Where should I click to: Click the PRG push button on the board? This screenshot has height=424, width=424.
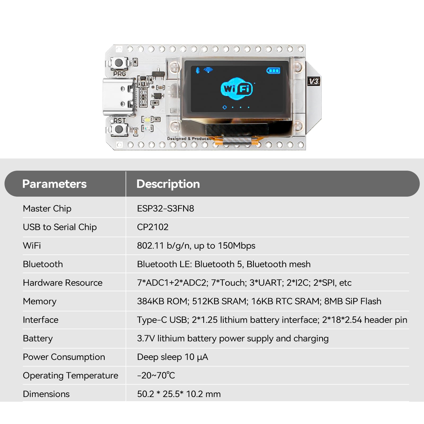click(x=118, y=63)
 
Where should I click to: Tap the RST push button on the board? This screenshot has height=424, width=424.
click(x=119, y=129)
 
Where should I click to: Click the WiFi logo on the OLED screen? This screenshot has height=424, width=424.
click(x=237, y=89)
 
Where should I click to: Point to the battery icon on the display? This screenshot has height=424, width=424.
click(x=273, y=70)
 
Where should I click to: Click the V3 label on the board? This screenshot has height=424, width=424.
click(x=314, y=81)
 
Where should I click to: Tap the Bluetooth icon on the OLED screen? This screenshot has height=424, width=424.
click(x=197, y=70)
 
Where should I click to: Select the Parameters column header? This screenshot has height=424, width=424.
click(x=54, y=184)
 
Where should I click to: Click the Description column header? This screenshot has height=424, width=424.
click(x=168, y=184)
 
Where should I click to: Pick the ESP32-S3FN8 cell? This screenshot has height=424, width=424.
click(x=165, y=209)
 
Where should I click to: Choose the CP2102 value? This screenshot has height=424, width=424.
click(x=153, y=227)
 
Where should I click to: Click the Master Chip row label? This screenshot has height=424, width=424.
click(x=47, y=209)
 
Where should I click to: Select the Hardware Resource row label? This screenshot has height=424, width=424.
click(x=63, y=283)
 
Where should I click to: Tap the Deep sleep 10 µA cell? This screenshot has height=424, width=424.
click(x=173, y=357)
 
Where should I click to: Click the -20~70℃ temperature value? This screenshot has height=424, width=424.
click(x=156, y=376)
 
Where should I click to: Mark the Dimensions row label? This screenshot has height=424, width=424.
click(x=46, y=394)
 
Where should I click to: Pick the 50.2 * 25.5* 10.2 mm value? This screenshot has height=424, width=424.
click(x=179, y=394)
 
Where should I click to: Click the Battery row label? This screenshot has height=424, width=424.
click(x=38, y=338)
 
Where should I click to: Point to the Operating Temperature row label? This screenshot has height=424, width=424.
click(x=70, y=376)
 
